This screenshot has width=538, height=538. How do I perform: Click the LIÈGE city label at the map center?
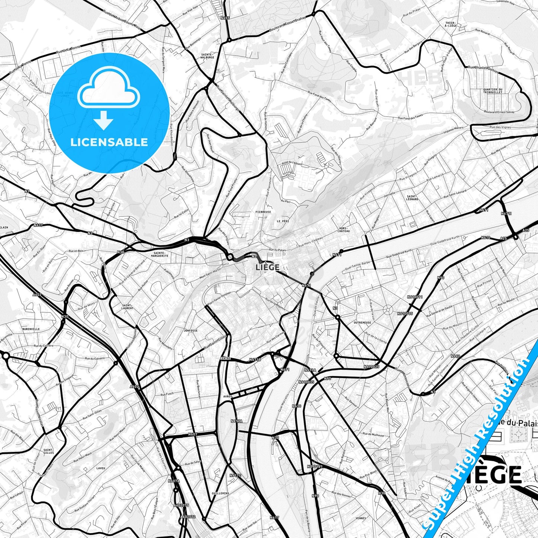[268, 267]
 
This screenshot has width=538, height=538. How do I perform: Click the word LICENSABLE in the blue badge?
[109, 142]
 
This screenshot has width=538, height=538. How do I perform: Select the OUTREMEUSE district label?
[362, 322]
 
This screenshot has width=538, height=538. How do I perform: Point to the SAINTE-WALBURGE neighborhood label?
[207, 56]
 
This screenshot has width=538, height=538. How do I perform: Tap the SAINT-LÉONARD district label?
[413, 198]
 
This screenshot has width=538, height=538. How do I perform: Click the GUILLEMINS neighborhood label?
[220, 493]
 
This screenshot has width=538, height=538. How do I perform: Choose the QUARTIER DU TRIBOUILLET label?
[493, 90]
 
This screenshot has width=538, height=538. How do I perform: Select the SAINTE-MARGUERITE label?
[161, 254]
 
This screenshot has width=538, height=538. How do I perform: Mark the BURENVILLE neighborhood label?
[31, 329]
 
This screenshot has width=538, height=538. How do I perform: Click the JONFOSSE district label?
[191, 330]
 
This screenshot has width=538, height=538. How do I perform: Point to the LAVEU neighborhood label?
[101, 468]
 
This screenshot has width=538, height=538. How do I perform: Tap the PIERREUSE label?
[263, 211]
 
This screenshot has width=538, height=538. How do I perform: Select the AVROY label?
[227, 397]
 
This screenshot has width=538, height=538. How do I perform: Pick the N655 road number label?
[225, 18]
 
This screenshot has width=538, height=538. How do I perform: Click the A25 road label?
[503, 238]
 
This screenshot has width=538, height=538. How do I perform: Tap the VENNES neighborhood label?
[360, 518]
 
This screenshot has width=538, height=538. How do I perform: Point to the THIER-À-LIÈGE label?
[451, 25]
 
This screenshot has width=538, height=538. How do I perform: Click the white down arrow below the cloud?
[104, 120]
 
